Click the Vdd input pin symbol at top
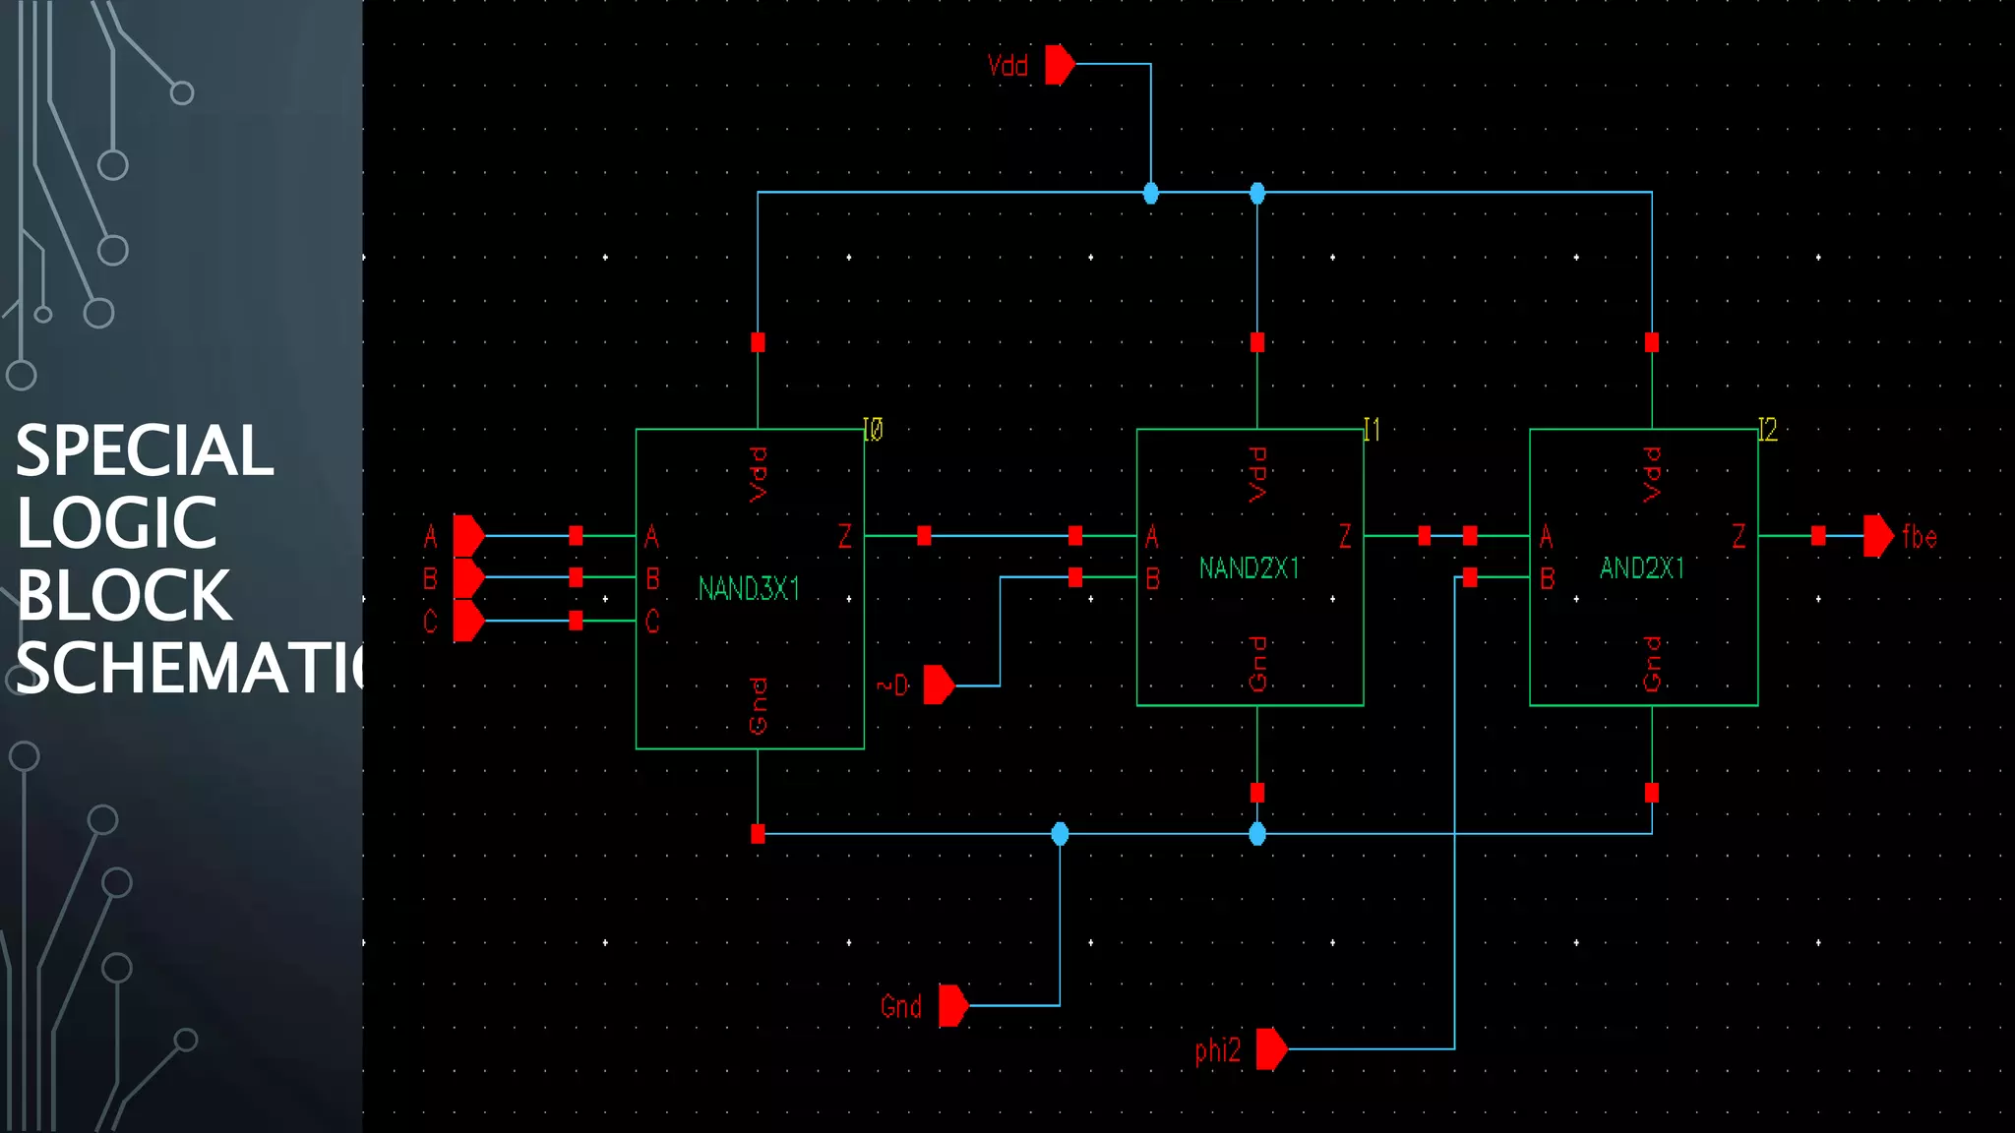1060,65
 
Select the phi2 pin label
1217,1050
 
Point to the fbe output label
1919,537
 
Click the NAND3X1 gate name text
749,589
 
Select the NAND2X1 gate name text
1249,568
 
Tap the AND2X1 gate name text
1641,568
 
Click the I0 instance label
873,430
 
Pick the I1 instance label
1372,430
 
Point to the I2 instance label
1767,430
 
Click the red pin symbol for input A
468,536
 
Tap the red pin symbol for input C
468,621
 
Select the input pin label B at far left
430,578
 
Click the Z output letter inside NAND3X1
844,536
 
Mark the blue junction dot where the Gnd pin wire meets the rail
1060,834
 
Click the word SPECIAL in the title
145,451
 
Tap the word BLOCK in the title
124,596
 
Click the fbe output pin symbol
1877,536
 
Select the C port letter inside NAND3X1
651,622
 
